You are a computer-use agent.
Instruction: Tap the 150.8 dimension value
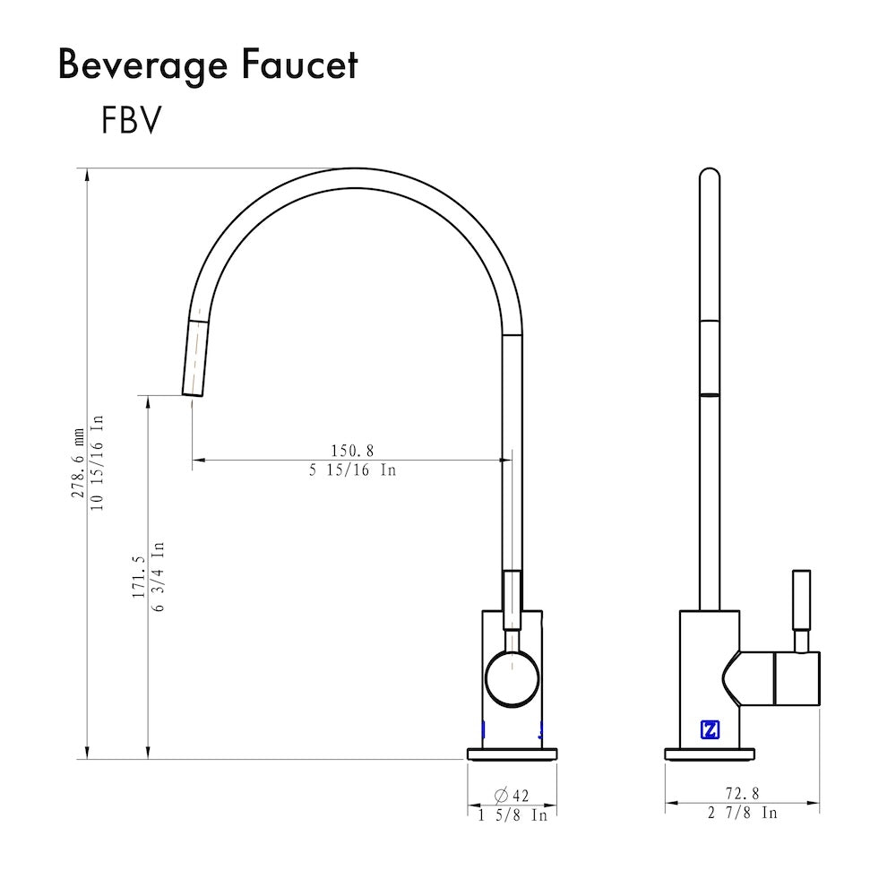tap(351, 450)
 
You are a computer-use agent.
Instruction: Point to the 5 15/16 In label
tap(352, 470)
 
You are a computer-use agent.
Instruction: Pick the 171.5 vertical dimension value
tap(138, 576)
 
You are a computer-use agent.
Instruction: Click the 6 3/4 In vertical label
tap(158, 576)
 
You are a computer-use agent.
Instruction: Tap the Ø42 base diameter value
tap(512, 795)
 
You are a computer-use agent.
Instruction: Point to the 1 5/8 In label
tap(512, 815)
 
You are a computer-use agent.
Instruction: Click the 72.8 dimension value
tap(742, 793)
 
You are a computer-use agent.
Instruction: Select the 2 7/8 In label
tap(742, 813)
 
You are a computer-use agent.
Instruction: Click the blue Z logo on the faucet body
tap(710, 729)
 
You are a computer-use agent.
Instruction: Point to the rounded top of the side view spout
tap(709, 177)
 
